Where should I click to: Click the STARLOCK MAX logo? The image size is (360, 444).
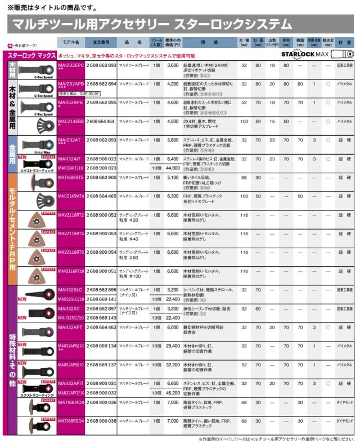[316, 54]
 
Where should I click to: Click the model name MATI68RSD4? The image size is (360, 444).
[72, 420]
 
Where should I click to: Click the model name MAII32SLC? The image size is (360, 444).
[71, 290]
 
